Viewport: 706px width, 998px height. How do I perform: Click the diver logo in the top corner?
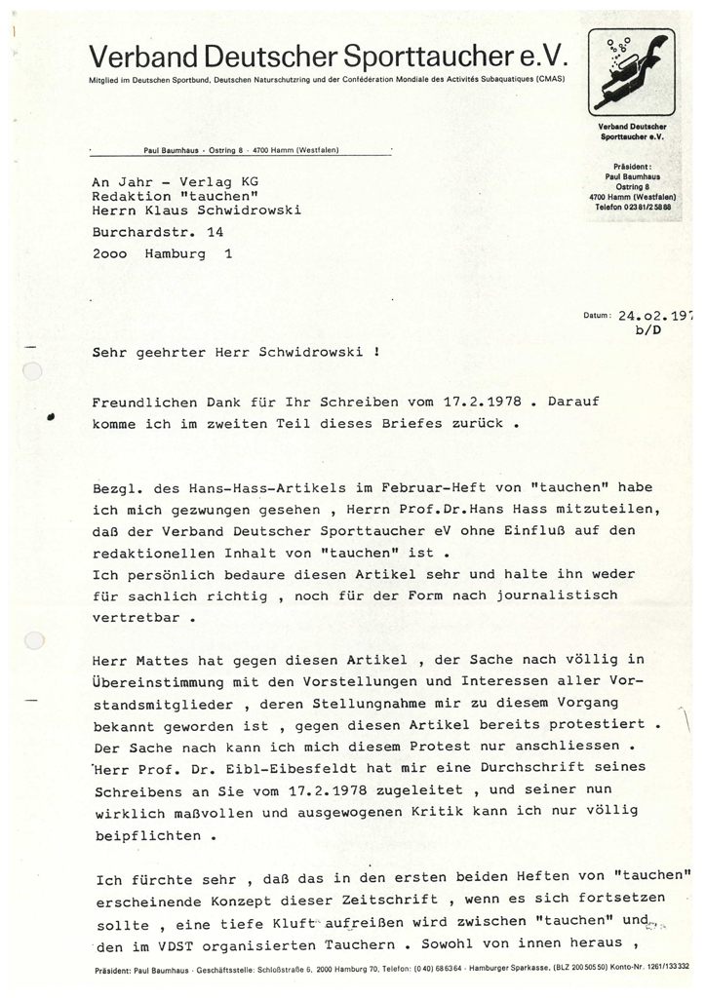coord(632,72)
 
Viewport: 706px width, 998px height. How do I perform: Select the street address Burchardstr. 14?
coord(158,234)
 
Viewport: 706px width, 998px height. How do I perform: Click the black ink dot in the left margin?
coord(50,415)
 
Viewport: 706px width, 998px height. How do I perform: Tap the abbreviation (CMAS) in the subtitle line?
coord(547,78)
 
